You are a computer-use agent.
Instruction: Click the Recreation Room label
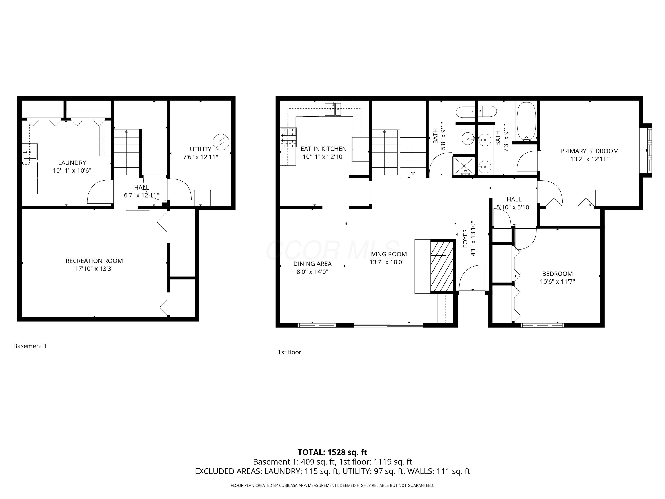94,261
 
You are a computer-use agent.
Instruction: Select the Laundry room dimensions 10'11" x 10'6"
72,171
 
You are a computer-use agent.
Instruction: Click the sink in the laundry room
30,152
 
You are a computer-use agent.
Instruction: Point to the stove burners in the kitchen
289,138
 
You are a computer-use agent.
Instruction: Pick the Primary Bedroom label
589,151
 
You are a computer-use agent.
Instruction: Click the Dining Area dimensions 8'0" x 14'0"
312,272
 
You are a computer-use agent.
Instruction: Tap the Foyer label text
465,238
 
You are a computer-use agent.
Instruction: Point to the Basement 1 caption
30,346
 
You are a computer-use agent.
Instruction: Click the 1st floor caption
289,352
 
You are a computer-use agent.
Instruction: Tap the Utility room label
201,149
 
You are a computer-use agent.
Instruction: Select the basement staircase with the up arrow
126,152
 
